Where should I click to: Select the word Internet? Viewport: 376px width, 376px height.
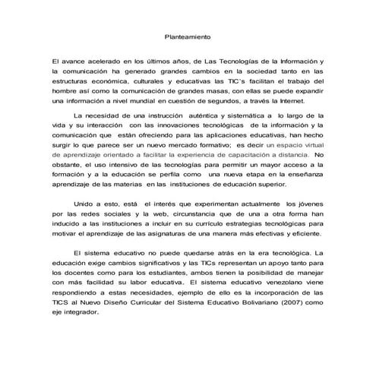tap(309, 99)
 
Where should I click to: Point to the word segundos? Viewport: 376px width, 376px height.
tap(240, 99)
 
